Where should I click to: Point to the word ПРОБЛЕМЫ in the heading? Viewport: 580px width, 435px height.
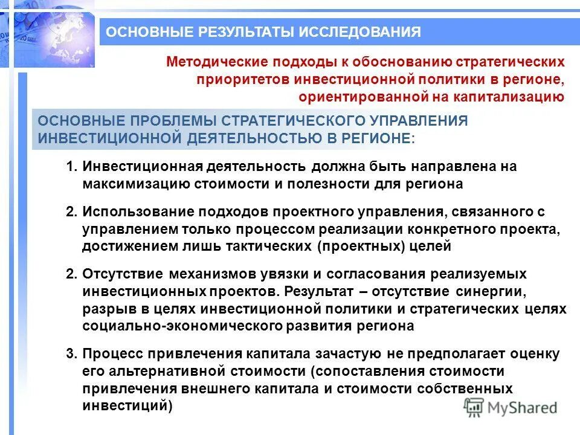[171, 120]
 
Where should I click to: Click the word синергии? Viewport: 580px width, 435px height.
[488, 292]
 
